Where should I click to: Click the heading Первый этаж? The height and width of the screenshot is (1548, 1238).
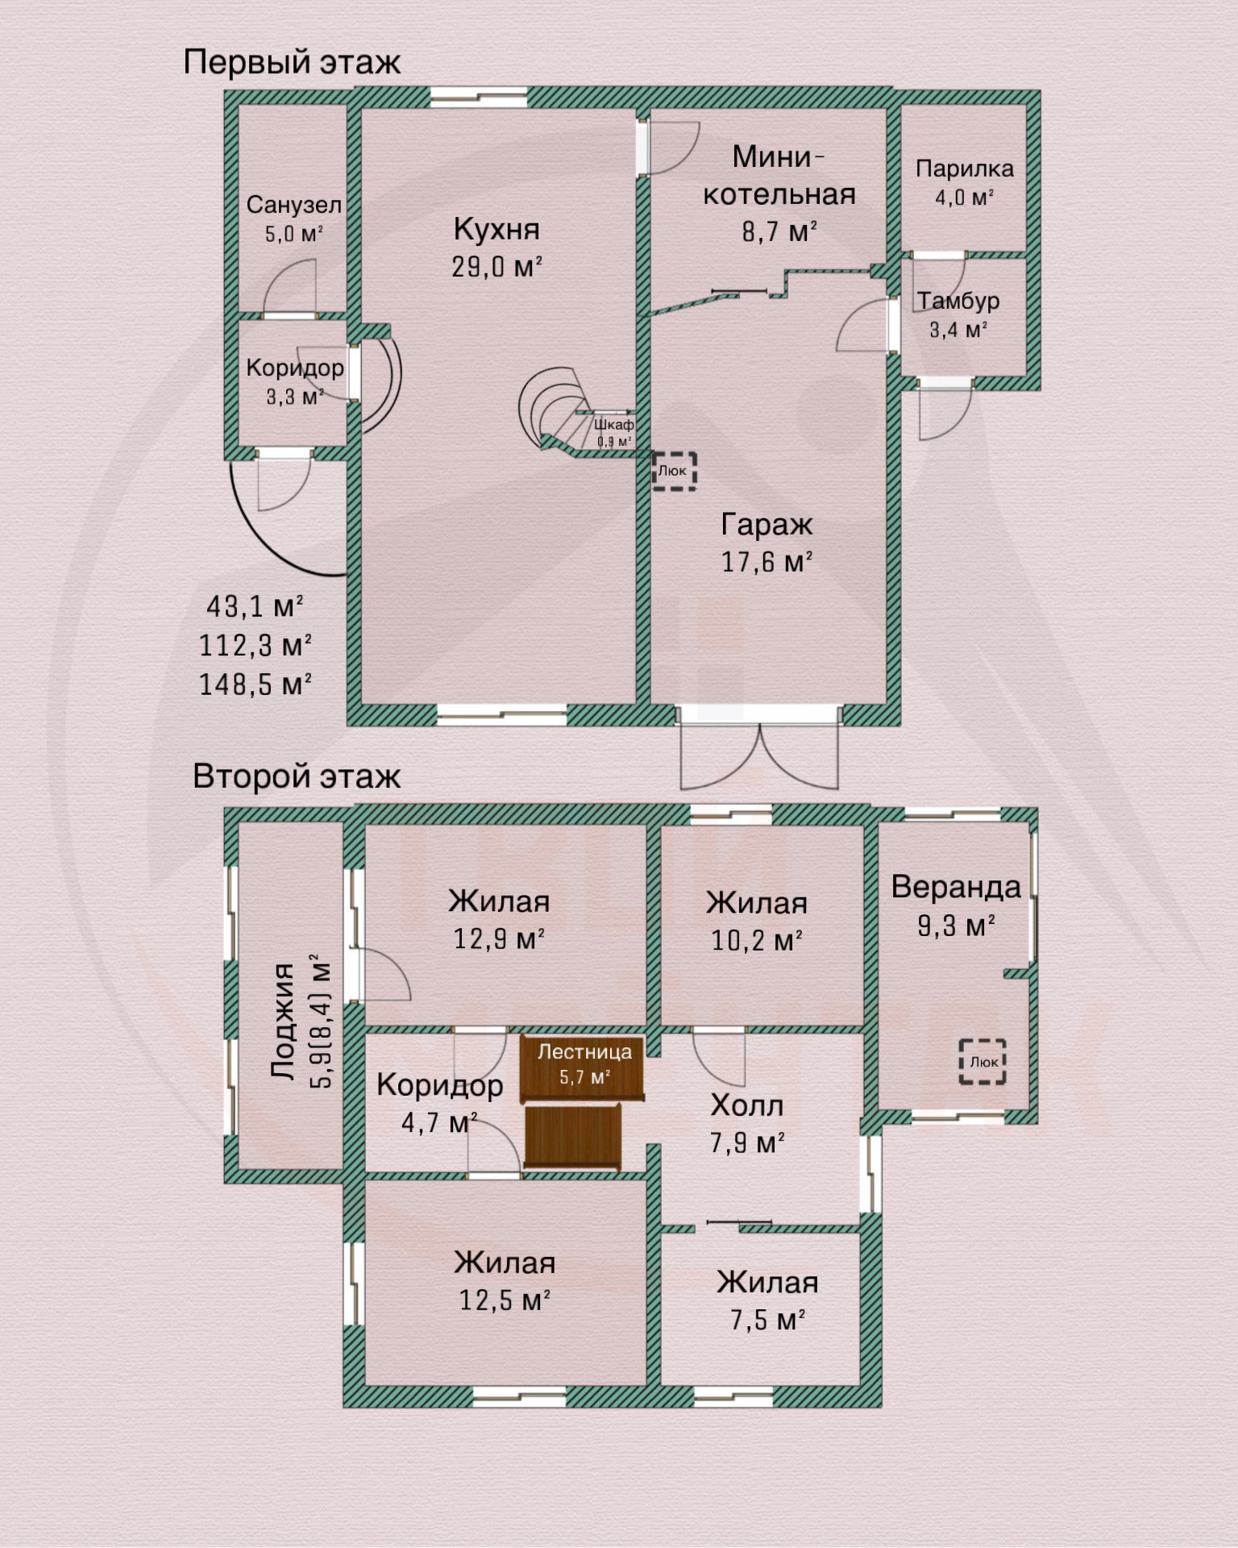coord(292,63)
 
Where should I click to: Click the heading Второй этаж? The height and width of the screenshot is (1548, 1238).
coord(297,776)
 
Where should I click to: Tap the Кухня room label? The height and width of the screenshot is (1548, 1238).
coord(496,229)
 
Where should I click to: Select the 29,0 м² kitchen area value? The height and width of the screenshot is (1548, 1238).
coord(496,266)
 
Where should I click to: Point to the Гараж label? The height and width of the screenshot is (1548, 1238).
coord(766,525)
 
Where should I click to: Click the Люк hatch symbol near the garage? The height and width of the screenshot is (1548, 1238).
coord(674,470)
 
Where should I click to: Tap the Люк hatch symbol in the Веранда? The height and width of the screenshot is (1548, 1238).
coord(983,1061)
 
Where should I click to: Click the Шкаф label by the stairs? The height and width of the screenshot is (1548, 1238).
coord(614,424)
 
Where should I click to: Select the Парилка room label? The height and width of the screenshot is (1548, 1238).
coord(964,169)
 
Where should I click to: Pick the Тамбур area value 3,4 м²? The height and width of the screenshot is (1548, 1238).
coord(959,329)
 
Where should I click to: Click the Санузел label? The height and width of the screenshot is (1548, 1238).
coord(293,205)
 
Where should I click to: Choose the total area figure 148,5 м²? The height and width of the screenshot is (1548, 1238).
coord(255,685)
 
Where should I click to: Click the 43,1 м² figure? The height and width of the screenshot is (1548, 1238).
coord(255,606)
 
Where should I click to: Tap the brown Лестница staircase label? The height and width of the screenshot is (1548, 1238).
coord(584,1051)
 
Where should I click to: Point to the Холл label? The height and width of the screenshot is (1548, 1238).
coord(747,1105)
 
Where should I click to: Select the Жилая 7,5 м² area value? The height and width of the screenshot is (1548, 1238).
coord(767,1320)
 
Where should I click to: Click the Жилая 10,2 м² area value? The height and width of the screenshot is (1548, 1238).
coord(756,940)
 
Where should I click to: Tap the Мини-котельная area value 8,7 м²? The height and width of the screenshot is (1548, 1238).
coord(779,231)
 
